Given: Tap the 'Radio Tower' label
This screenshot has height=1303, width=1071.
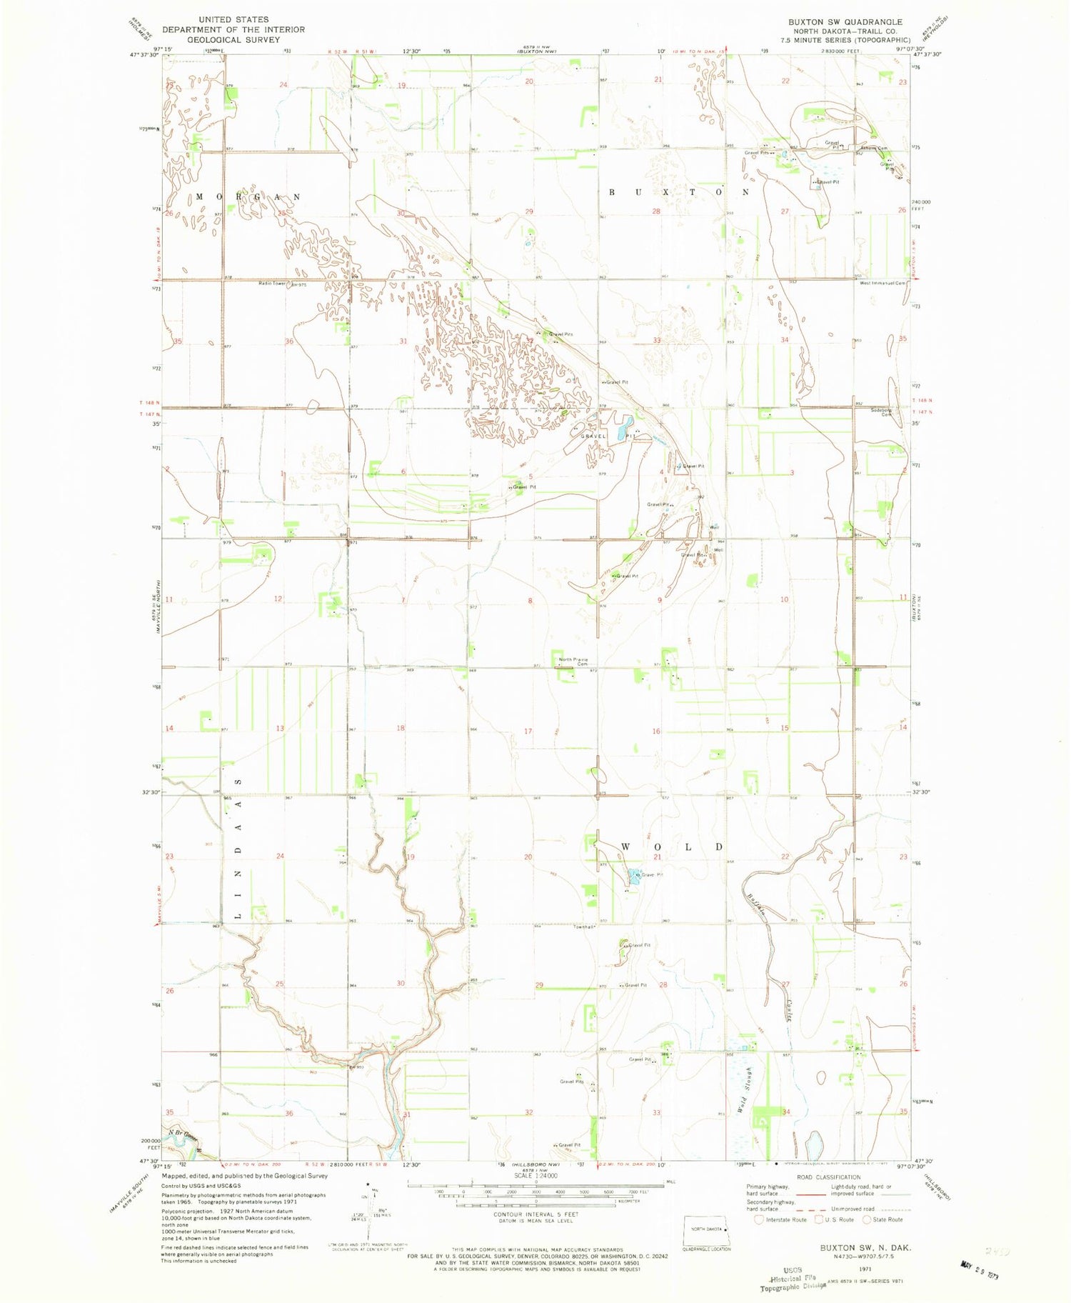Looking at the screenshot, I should point(272,284).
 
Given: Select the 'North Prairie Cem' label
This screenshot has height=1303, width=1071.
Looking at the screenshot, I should point(573,662).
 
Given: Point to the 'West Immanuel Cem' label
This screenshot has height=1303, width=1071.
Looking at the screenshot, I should point(883,283).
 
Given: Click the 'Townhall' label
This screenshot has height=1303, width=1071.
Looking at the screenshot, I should point(585,927).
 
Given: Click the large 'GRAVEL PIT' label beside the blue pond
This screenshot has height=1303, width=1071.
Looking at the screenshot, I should point(593,436).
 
